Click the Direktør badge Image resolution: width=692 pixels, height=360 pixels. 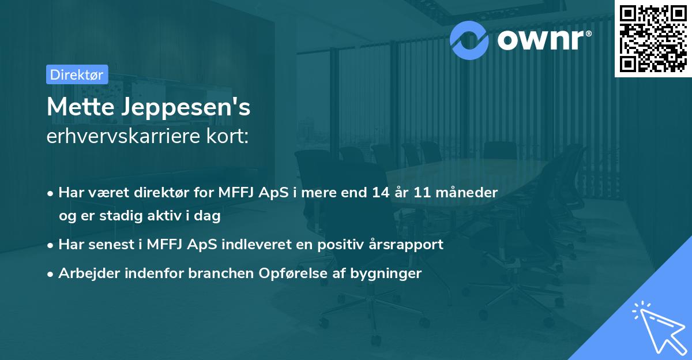[76, 74]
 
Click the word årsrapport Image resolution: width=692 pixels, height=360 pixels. [404, 245]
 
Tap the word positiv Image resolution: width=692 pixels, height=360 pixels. [335, 245]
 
